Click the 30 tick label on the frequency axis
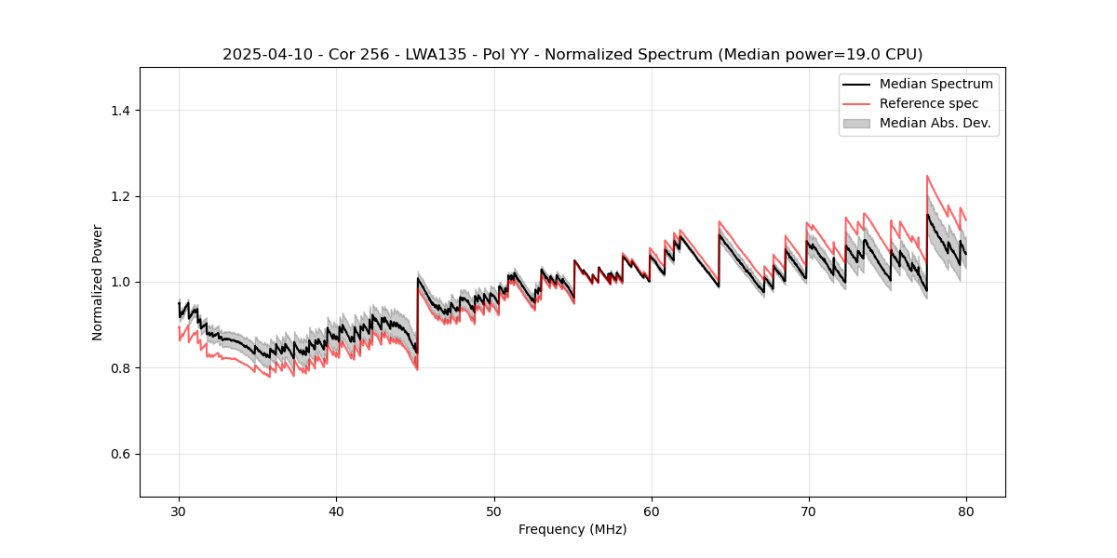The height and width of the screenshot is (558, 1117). pos(179,511)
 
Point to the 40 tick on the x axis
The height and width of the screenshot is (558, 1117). pos(336,511)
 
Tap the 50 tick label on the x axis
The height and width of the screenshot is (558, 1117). pos(493,511)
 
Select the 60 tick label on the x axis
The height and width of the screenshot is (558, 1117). pos(652,511)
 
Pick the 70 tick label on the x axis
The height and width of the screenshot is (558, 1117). pos(809,511)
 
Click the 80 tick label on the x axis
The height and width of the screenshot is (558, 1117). pos(966,511)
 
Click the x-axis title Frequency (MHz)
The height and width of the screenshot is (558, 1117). pos(572,529)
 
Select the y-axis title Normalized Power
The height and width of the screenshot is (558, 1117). pos(98,282)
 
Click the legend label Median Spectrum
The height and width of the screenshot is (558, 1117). pos(935,84)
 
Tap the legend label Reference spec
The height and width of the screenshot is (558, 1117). pos(929,103)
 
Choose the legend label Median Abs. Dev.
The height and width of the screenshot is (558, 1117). pos(935,123)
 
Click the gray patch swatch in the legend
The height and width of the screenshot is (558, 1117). pos(856,123)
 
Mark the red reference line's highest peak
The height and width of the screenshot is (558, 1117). pos(927,175)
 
